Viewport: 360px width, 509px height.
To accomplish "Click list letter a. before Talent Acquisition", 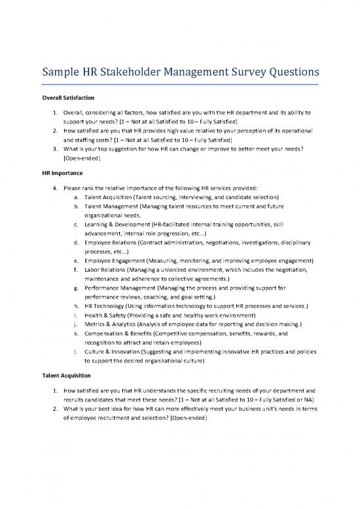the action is [79, 197].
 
